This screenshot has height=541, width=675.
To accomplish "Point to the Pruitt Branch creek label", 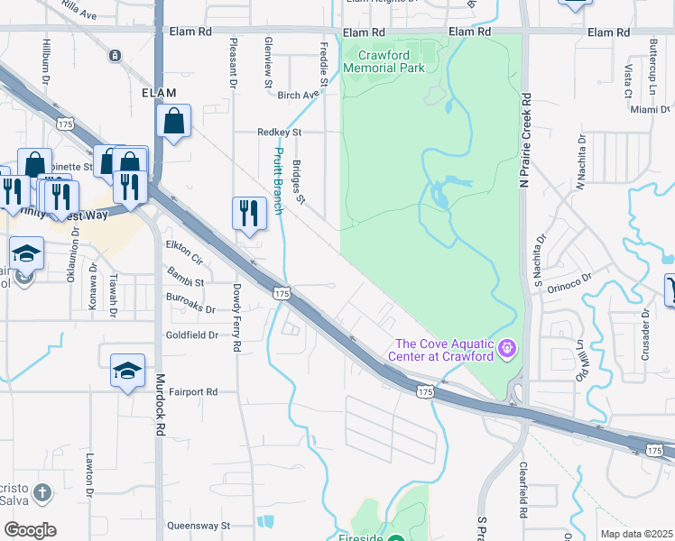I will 279,181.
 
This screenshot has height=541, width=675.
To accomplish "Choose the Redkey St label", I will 278,132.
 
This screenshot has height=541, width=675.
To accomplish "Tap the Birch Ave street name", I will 299,95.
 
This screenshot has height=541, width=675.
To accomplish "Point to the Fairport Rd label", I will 192,392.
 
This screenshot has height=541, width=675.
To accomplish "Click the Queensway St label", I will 199,525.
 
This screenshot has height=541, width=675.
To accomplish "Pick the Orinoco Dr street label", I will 573,280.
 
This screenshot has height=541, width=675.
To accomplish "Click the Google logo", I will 30,530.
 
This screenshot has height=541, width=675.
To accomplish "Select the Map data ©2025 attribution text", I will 636,534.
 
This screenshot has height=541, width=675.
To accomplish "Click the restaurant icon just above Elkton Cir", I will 247,215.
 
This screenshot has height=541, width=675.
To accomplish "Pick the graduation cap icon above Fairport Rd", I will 127,370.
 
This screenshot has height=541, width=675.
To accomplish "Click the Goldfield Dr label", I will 191,335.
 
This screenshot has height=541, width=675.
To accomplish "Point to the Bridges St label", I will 301,181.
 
